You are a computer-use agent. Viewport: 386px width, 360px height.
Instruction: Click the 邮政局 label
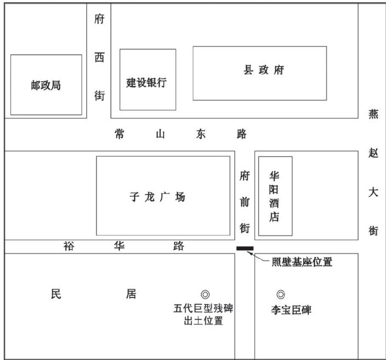[x=45, y=85]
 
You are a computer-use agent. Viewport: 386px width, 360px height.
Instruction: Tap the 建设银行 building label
[x=147, y=83]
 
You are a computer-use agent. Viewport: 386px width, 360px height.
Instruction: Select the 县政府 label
[x=264, y=71]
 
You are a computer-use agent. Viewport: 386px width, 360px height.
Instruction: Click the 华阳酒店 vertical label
[x=275, y=196]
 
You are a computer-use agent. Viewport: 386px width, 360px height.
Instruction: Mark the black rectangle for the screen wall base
[x=245, y=249]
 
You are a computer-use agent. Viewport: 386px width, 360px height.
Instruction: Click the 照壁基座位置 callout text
[x=302, y=262]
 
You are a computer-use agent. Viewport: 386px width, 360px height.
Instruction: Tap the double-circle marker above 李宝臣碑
[x=281, y=294]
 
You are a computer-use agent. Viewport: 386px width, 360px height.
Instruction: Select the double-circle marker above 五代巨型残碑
[x=205, y=295]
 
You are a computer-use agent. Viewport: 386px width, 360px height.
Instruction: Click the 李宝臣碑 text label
[x=291, y=310]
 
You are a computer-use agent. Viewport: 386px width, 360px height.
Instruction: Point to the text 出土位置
[x=204, y=321]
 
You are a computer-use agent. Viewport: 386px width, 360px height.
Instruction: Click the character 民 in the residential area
[x=55, y=294]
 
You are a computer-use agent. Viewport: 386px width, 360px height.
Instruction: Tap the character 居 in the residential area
[x=131, y=294]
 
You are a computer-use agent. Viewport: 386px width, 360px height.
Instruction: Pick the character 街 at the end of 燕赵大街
[x=373, y=231]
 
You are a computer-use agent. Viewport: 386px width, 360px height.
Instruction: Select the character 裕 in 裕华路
[x=68, y=246]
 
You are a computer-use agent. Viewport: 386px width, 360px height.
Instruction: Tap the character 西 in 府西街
[x=99, y=58]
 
